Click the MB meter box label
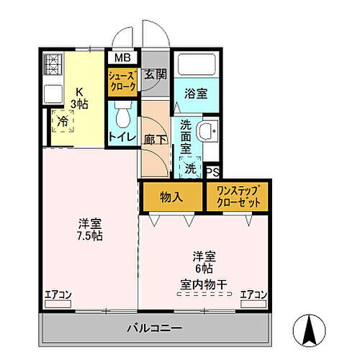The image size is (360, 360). click(x=121, y=58)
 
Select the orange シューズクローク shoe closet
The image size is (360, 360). click(x=122, y=79)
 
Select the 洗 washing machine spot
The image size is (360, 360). click(x=189, y=168)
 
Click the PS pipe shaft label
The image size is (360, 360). click(x=212, y=172)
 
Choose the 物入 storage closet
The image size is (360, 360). click(x=171, y=197)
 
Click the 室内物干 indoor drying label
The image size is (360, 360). click(x=204, y=285)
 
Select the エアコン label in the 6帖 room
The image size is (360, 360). click(x=253, y=294)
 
